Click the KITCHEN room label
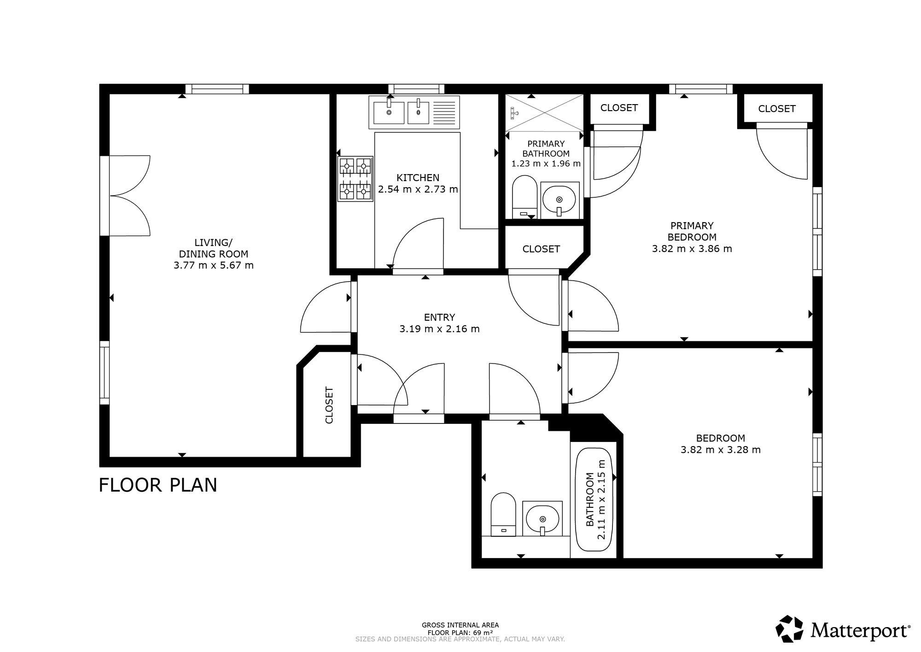click(x=418, y=178)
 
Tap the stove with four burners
click(x=355, y=179)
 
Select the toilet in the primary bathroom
click(x=525, y=197)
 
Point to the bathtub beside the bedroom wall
click(x=594, y=499)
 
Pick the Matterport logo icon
click(x=789, y=629)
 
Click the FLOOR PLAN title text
click(x=158, y=485)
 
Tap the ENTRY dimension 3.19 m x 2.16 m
click(x=440, y=329)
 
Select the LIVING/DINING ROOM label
click(x=214, y=248)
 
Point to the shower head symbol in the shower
click(x=514, y=112)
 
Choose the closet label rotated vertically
click(x=329, y=405)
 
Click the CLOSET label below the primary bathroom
click(x=541, y=249)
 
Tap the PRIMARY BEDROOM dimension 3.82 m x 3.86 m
click(x=692, y=249)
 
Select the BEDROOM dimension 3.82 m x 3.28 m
click(x=721, y=450)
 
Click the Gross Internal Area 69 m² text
click(x=460, y=629)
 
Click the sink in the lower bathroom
click(x=542, y=518)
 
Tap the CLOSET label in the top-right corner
click(x=777, y=109)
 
